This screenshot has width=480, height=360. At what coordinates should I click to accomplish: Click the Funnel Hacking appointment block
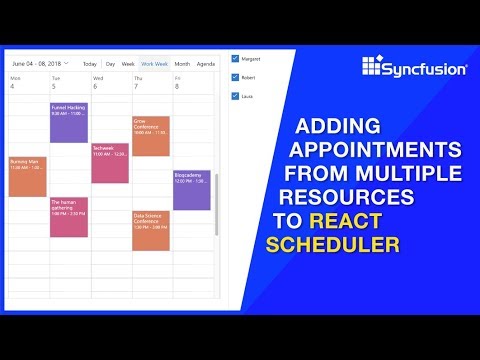pos(69,122)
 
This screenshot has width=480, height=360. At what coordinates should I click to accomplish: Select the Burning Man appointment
pos(27,176)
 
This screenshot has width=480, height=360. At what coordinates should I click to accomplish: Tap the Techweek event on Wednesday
pos(110,162)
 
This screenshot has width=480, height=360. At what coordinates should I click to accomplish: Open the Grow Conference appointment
pos(151,135)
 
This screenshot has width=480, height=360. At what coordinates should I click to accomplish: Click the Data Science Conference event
pos(151,230)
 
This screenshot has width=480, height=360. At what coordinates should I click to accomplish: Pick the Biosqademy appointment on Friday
pos(192,189)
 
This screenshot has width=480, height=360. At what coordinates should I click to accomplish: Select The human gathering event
pos(69,216)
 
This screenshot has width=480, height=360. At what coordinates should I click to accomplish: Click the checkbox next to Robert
pos(235,77)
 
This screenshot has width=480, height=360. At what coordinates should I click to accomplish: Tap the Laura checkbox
pos(235,96)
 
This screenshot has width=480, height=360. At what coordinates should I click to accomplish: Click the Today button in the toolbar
pos(90,63)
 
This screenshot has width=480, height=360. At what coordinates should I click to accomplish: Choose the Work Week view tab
pos(155,63)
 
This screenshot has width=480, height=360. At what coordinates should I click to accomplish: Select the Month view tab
pos(182,63)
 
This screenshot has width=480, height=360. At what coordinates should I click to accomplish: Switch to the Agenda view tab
pos(206,63)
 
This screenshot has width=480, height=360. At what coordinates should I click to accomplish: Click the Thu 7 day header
pos(137,82)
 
